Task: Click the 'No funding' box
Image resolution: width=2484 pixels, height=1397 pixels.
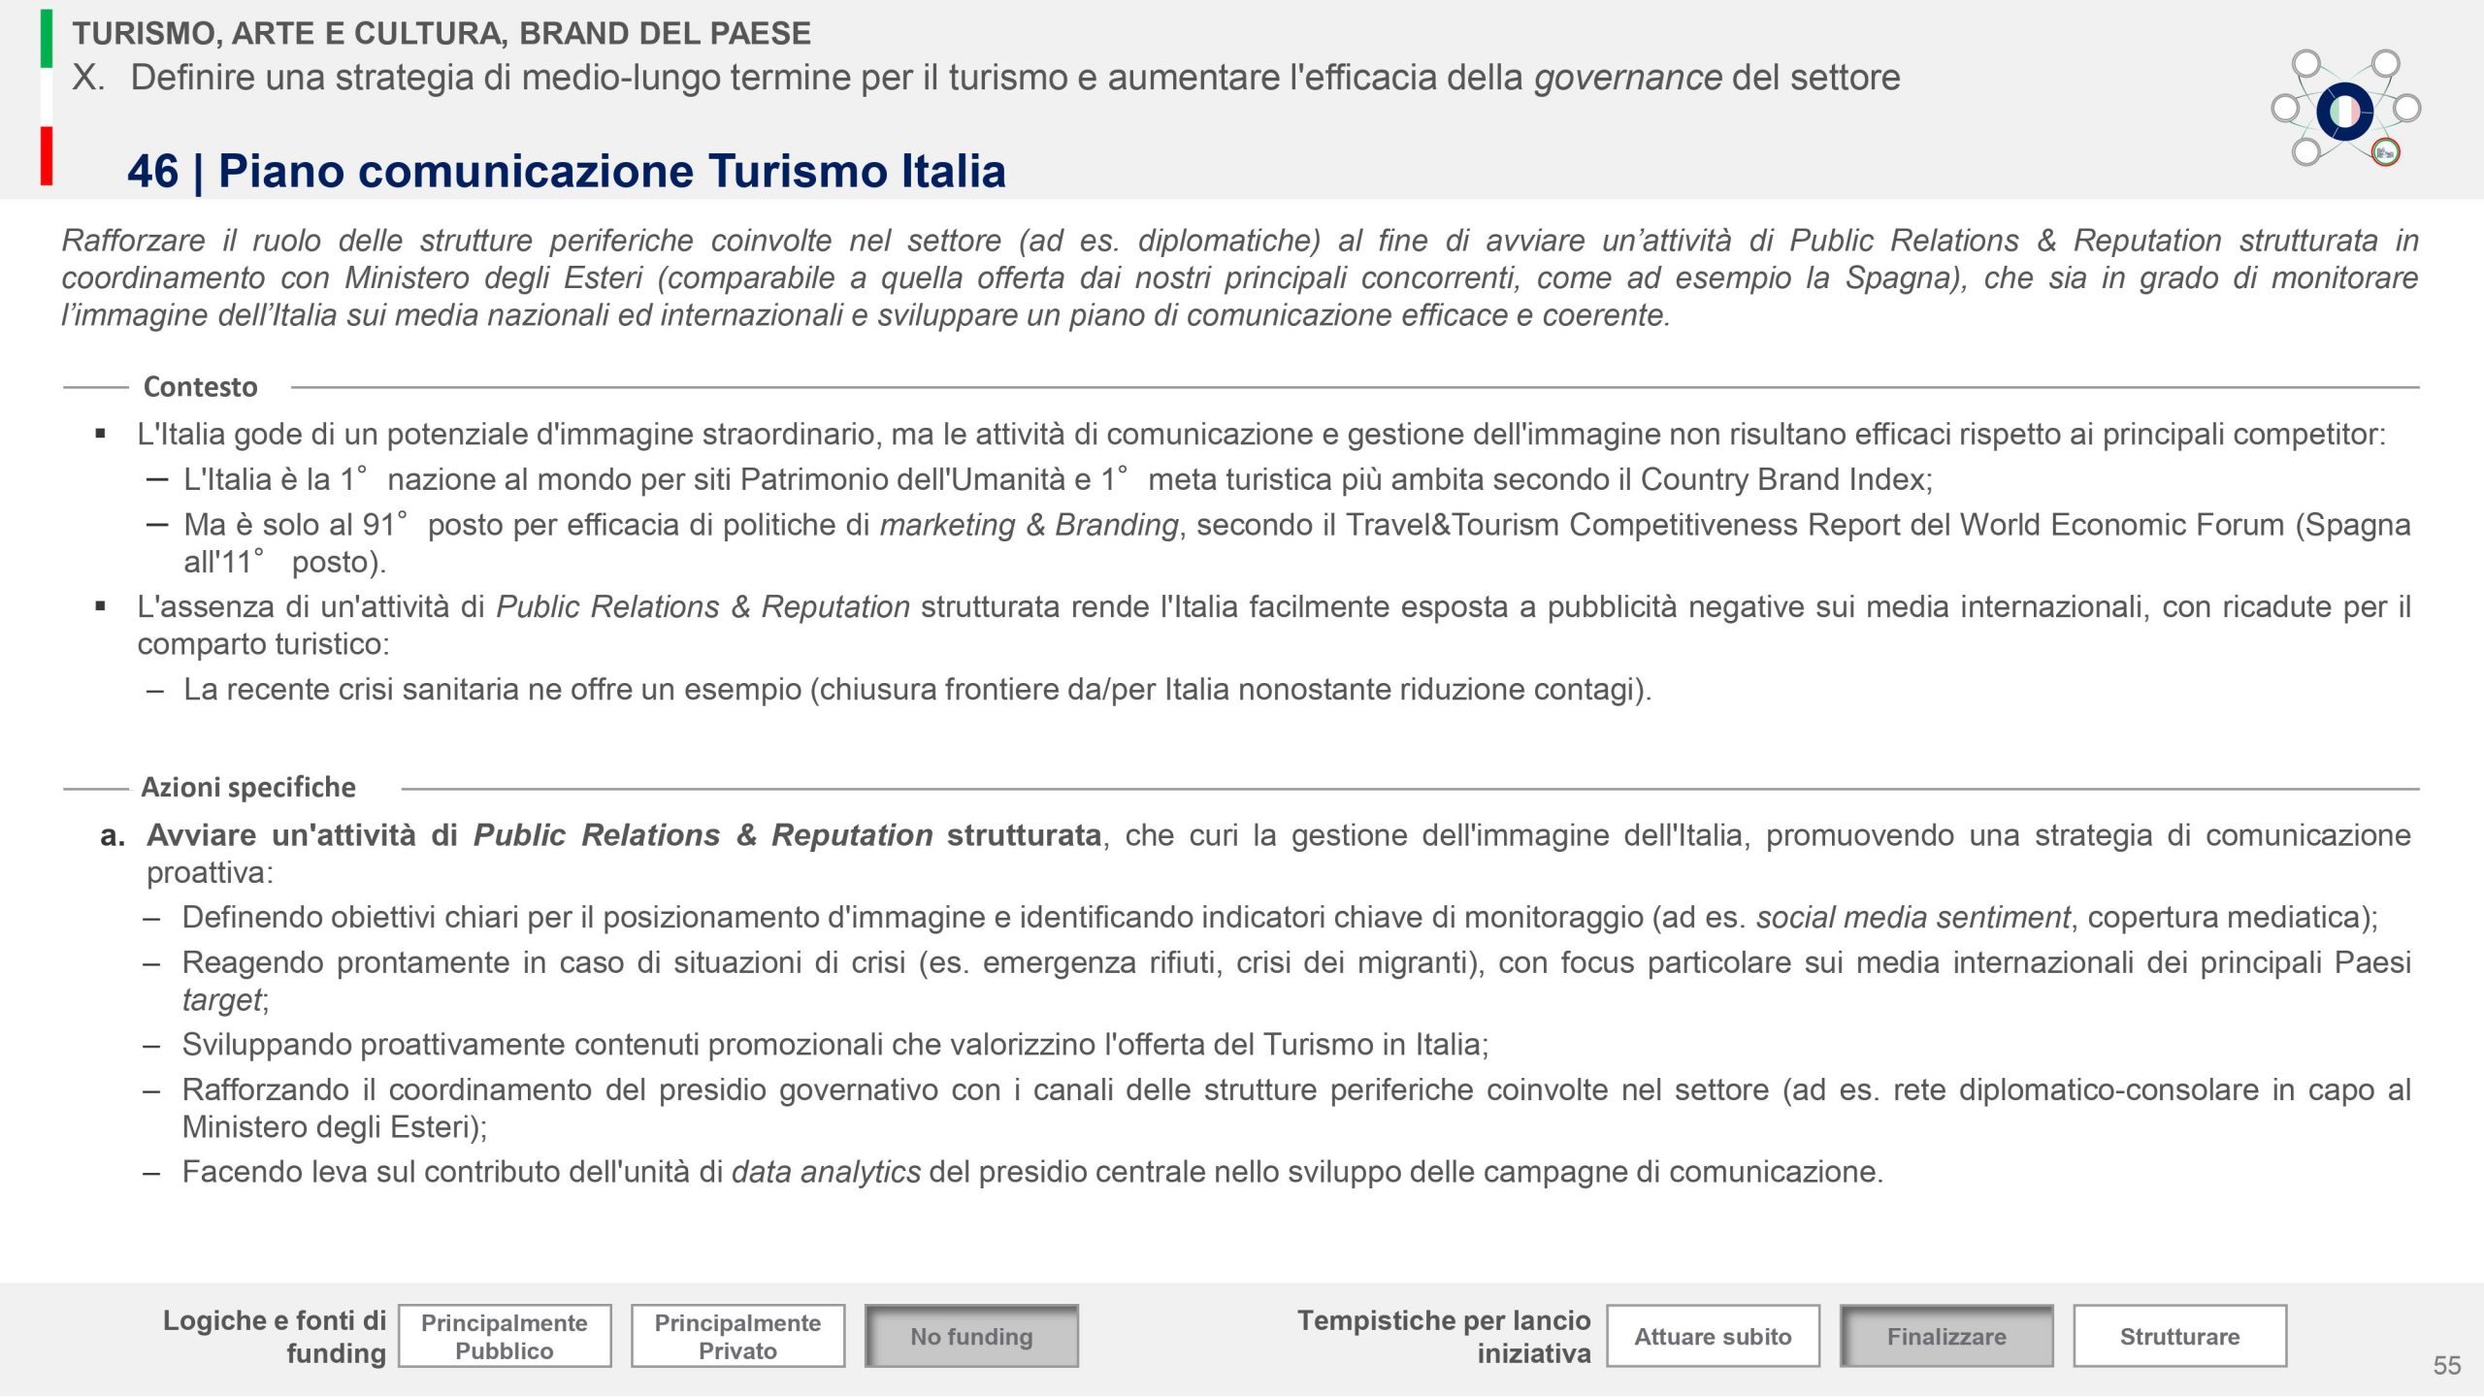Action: coord(971,1336)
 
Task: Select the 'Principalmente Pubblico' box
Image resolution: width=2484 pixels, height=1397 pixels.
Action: coord(505,1336)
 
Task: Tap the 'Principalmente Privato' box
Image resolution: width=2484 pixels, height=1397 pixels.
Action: coord(737,1336)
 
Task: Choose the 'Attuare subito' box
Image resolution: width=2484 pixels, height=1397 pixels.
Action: coord(1713,1336)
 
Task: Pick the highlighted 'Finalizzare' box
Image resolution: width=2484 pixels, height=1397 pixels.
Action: coord(1946,1336)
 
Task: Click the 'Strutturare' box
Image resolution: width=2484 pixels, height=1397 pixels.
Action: coord(2179,1336)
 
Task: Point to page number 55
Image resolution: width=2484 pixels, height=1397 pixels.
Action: coord(2446,1365)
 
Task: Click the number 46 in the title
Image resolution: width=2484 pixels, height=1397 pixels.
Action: coord(152,172)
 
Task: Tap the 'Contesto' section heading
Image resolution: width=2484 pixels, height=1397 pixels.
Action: coord(200,387)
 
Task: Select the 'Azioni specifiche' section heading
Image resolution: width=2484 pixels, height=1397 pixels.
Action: coord(248,787)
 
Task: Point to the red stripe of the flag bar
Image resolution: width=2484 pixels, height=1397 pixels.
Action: coord(47,155)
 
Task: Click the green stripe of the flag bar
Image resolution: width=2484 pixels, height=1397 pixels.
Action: coord(47,39)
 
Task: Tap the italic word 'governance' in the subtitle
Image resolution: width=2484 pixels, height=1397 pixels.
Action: coord(1627,78)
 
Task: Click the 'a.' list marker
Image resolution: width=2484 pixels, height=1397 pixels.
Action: coord(113,835)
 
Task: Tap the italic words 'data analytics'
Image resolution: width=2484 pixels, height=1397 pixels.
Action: coord(826,1172)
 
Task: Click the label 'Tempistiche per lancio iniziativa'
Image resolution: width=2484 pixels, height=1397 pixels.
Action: coord(1444,1336)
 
